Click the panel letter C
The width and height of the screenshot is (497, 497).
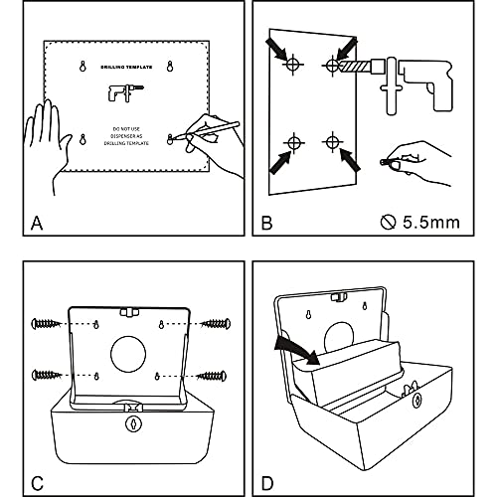[36, 458]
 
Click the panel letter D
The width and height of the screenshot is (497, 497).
[266, 458]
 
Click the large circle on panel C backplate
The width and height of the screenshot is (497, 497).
[129, 354]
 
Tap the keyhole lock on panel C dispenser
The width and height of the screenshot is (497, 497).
[130, 422]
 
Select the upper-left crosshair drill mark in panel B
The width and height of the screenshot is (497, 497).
[292, 66]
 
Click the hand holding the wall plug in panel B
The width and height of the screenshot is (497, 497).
[417, 159]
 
